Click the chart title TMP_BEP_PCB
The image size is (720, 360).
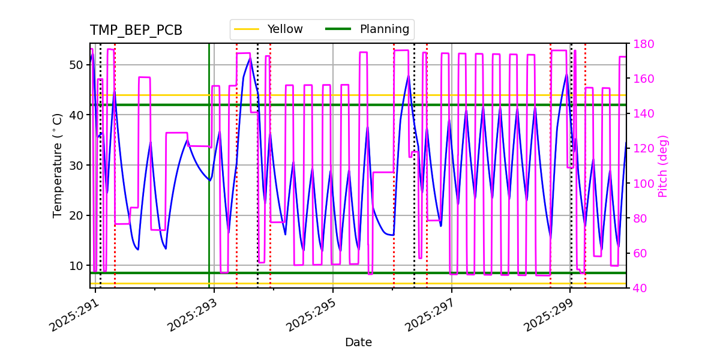tap(136, 31)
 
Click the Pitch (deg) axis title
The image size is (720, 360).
tap(663, 166)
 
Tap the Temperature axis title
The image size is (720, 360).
tap(58, 166)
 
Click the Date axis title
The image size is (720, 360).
tap(358, 343)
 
